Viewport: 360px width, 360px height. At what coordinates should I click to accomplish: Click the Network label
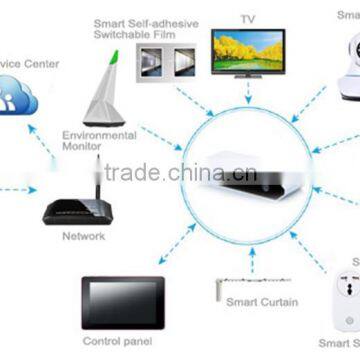(x=83, y=238)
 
